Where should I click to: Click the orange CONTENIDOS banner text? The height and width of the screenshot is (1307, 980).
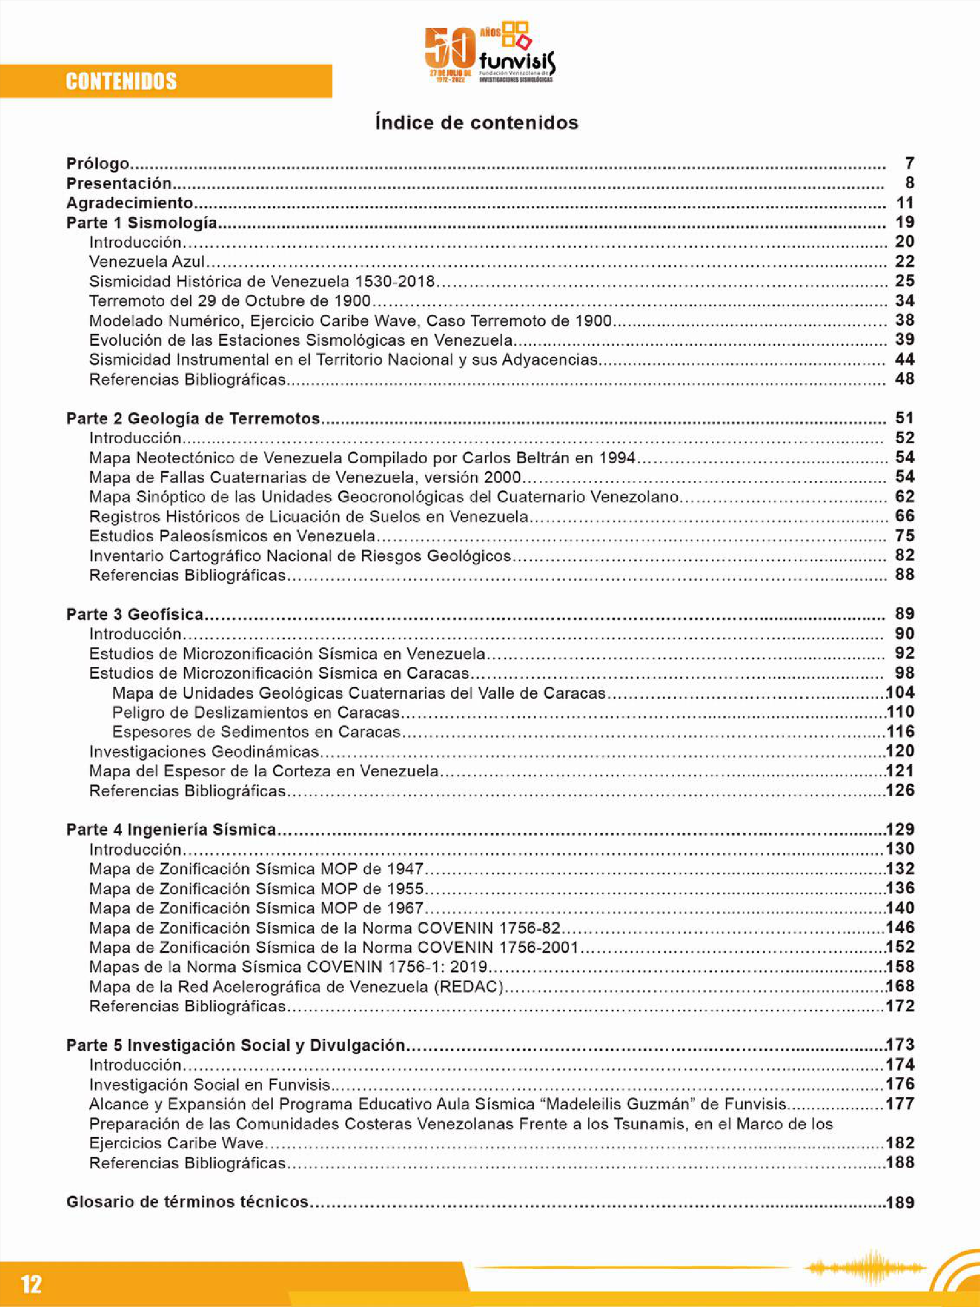point(121,81)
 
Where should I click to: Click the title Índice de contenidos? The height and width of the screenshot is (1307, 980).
point(477,123)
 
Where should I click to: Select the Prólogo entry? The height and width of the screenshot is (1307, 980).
point(97,163)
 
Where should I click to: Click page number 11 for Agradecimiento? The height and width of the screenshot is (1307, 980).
point(904,203)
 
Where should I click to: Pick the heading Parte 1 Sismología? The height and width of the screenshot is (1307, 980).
point(141,223)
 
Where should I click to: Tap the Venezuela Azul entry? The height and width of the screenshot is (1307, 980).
point(147,262)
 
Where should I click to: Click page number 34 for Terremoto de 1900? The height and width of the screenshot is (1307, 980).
point(904,301)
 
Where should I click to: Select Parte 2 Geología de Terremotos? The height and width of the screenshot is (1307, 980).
point(192,418)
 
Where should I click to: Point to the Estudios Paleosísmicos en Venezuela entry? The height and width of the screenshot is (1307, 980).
point(232,536)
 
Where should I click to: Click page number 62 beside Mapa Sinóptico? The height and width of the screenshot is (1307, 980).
point(904,496)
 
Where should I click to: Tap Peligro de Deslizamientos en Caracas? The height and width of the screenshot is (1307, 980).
point(256,713)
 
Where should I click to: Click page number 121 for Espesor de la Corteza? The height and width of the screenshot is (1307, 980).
point(900,771)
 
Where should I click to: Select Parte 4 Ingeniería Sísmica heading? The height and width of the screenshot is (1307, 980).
point(171,829)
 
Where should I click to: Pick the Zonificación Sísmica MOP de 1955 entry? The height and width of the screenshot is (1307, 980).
point(257,889)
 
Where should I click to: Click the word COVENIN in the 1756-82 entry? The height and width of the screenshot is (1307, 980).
point(455,927)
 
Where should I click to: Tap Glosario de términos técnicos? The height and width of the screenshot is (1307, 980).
point(187,1202)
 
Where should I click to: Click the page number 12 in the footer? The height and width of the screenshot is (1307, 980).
point(32,1284)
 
